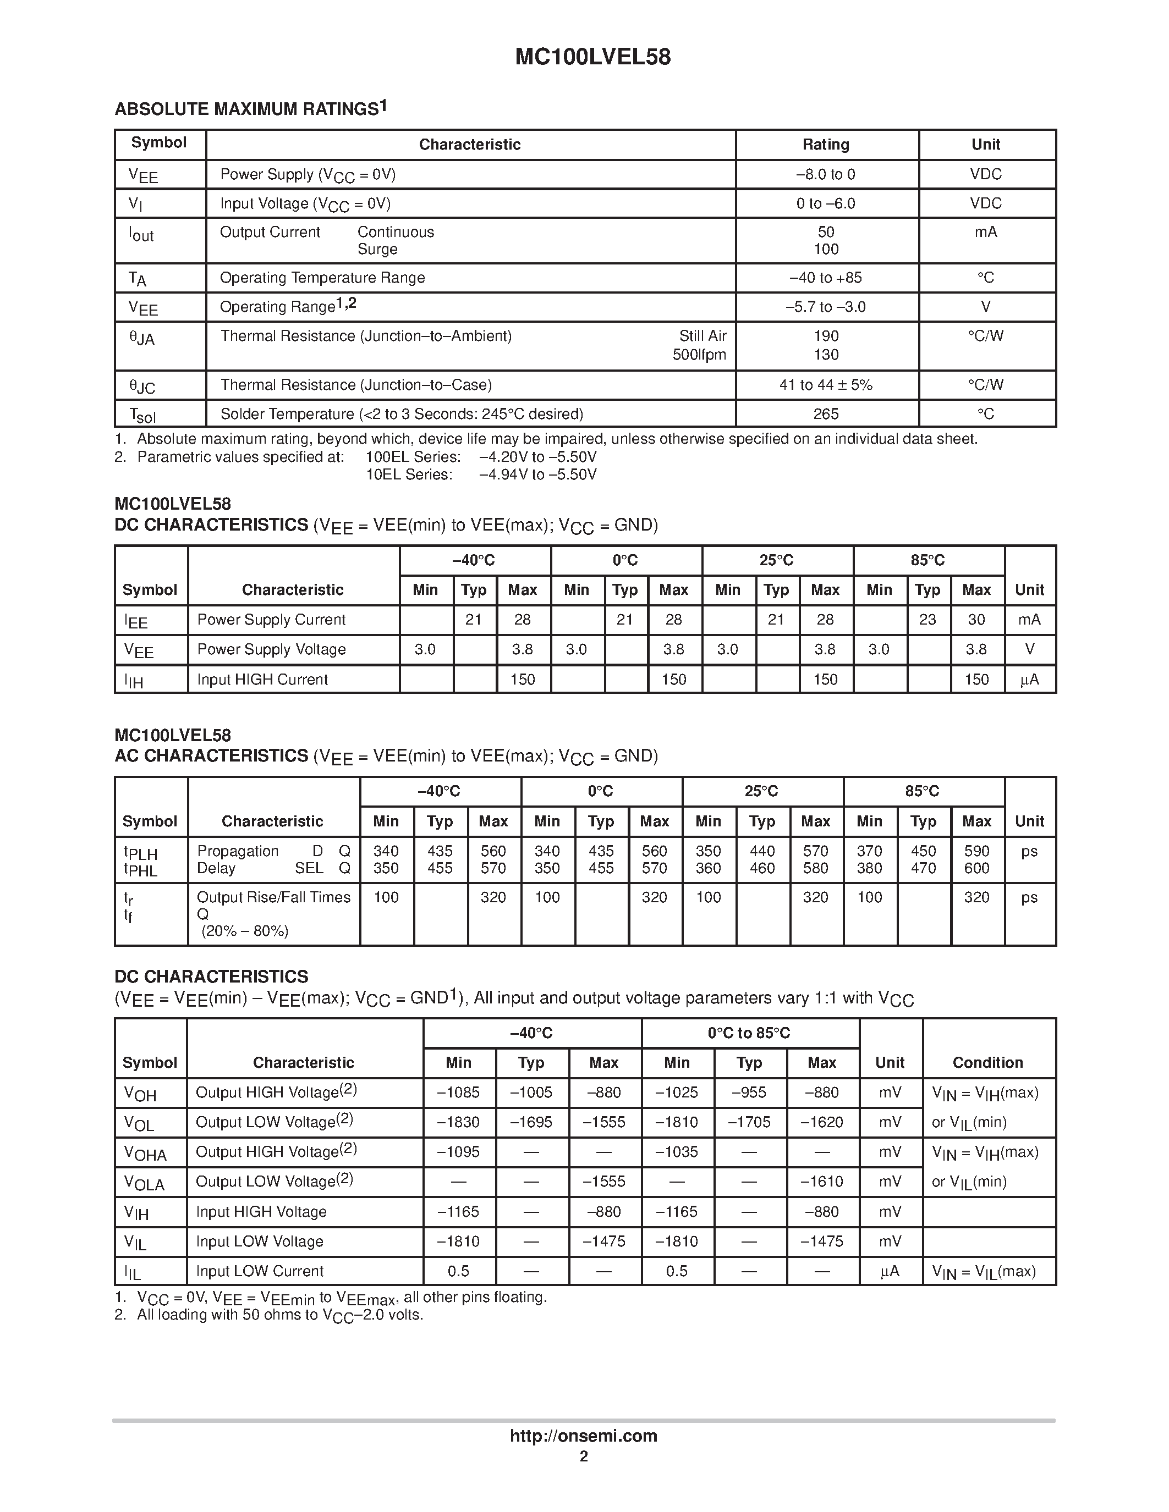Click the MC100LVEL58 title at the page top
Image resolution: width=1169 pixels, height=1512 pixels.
tap(592, 57)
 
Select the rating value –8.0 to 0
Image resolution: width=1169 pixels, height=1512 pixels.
tap(826, 174)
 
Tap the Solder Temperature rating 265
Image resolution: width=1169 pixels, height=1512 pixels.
tap(826, 414)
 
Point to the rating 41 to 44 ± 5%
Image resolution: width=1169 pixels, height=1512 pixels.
tap(826, 385)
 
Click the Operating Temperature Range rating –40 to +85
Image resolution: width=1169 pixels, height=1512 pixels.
tap(826, 278)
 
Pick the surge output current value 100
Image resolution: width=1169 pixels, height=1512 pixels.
tap(826, 249)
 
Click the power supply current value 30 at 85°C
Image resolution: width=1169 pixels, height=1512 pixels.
tap(976, 620)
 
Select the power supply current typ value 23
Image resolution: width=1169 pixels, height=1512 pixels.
tap(927, 620)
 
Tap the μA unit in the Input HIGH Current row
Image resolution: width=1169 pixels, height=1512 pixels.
tap(1029, 680)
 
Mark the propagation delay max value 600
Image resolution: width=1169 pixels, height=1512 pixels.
tap(976, 868)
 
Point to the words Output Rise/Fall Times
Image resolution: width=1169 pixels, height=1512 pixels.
tap(273, 897)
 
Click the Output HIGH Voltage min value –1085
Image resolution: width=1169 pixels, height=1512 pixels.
tap(458, 1092)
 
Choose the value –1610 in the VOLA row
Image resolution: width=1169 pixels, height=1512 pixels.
tap(821, 1182)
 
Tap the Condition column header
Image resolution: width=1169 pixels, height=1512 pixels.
tap(987, 1063)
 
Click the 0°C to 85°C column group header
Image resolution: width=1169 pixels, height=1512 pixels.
tap(749, 1033)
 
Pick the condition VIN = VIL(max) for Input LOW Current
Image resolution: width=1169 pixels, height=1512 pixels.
tap(984, 1271)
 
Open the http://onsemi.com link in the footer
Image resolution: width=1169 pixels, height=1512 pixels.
tap(583, 1436)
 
